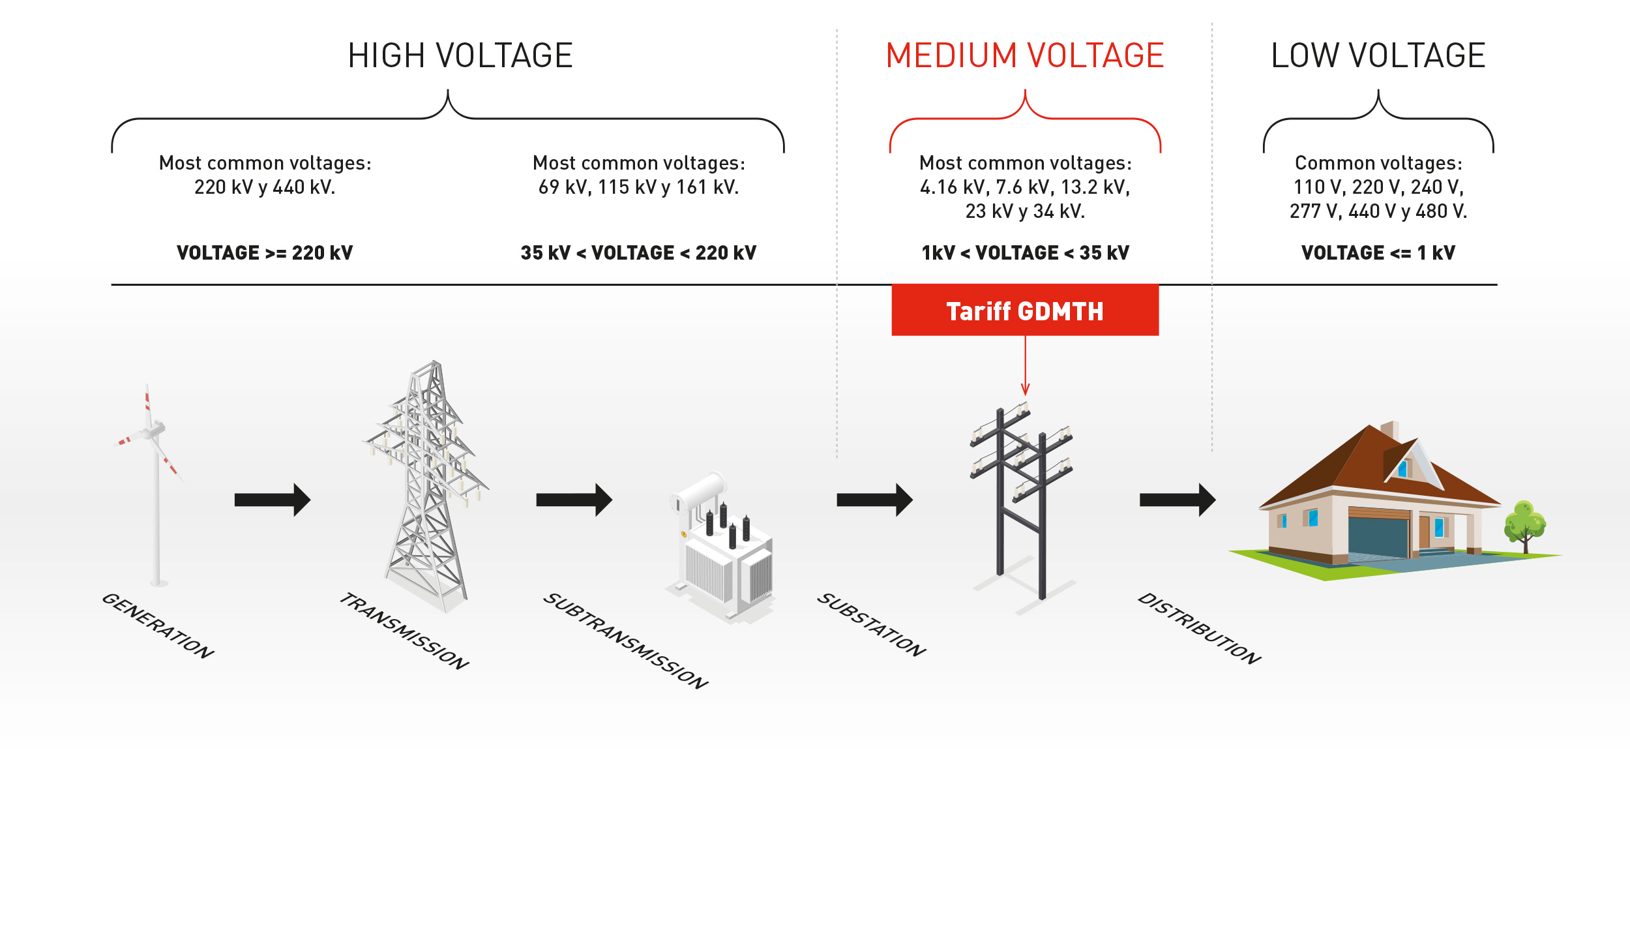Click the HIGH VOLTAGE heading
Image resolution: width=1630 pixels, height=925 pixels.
(460, 55)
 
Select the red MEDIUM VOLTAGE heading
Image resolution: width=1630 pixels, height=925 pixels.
(1025, 55)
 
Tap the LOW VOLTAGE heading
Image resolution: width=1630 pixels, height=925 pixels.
(1378, 55)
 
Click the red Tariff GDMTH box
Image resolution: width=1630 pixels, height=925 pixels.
(1025, 311)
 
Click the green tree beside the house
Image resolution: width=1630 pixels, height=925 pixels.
(1524, 526)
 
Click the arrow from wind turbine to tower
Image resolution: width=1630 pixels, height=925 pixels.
(273, 500)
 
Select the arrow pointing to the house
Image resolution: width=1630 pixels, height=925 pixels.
(1178, 500)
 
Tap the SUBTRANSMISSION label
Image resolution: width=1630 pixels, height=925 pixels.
(626, 641)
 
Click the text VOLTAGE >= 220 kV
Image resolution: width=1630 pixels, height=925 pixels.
(265, 253)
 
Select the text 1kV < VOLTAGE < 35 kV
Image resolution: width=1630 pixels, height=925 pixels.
(1025, 253)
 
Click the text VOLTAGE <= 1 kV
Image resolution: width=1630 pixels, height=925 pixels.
(1378, 253)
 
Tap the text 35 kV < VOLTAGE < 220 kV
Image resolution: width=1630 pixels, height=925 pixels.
(638, 253)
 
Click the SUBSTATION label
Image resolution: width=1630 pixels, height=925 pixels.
(872, 625)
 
